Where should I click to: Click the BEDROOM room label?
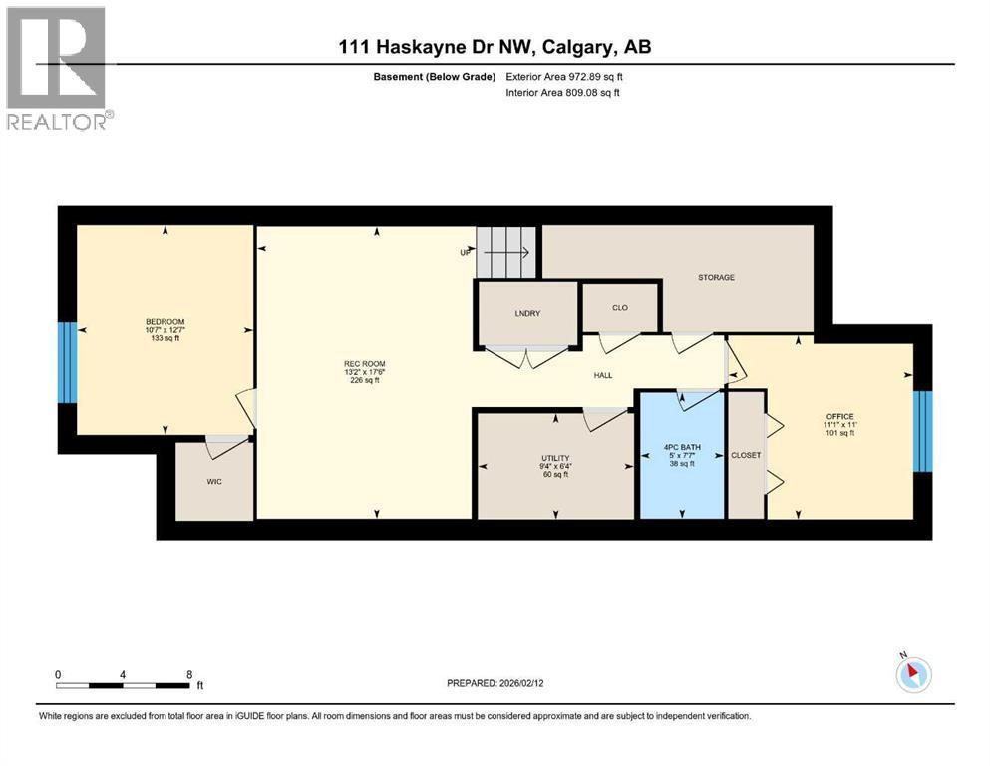point(165,321)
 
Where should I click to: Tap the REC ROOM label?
point(364,364)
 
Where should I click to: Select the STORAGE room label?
point(716,278)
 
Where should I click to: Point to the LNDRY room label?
point(527,313)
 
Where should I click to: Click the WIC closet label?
point(214,481)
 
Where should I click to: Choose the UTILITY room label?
point(555,458)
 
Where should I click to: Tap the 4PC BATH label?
point(682,447)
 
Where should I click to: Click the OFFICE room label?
point(839,416)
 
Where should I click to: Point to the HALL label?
point(603,375)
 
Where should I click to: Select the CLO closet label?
point(620,307)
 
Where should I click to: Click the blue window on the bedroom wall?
point(67,362)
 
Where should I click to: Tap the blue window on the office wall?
point(922,431)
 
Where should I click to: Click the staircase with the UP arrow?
point(505,252)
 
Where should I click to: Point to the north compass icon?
point(913,674)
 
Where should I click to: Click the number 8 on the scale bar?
point(189,674)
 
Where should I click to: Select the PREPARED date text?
point(495,683)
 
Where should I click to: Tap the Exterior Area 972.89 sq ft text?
point(564,77)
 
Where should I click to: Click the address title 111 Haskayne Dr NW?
point(437,47)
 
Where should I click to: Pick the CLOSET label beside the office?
point(746,455)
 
